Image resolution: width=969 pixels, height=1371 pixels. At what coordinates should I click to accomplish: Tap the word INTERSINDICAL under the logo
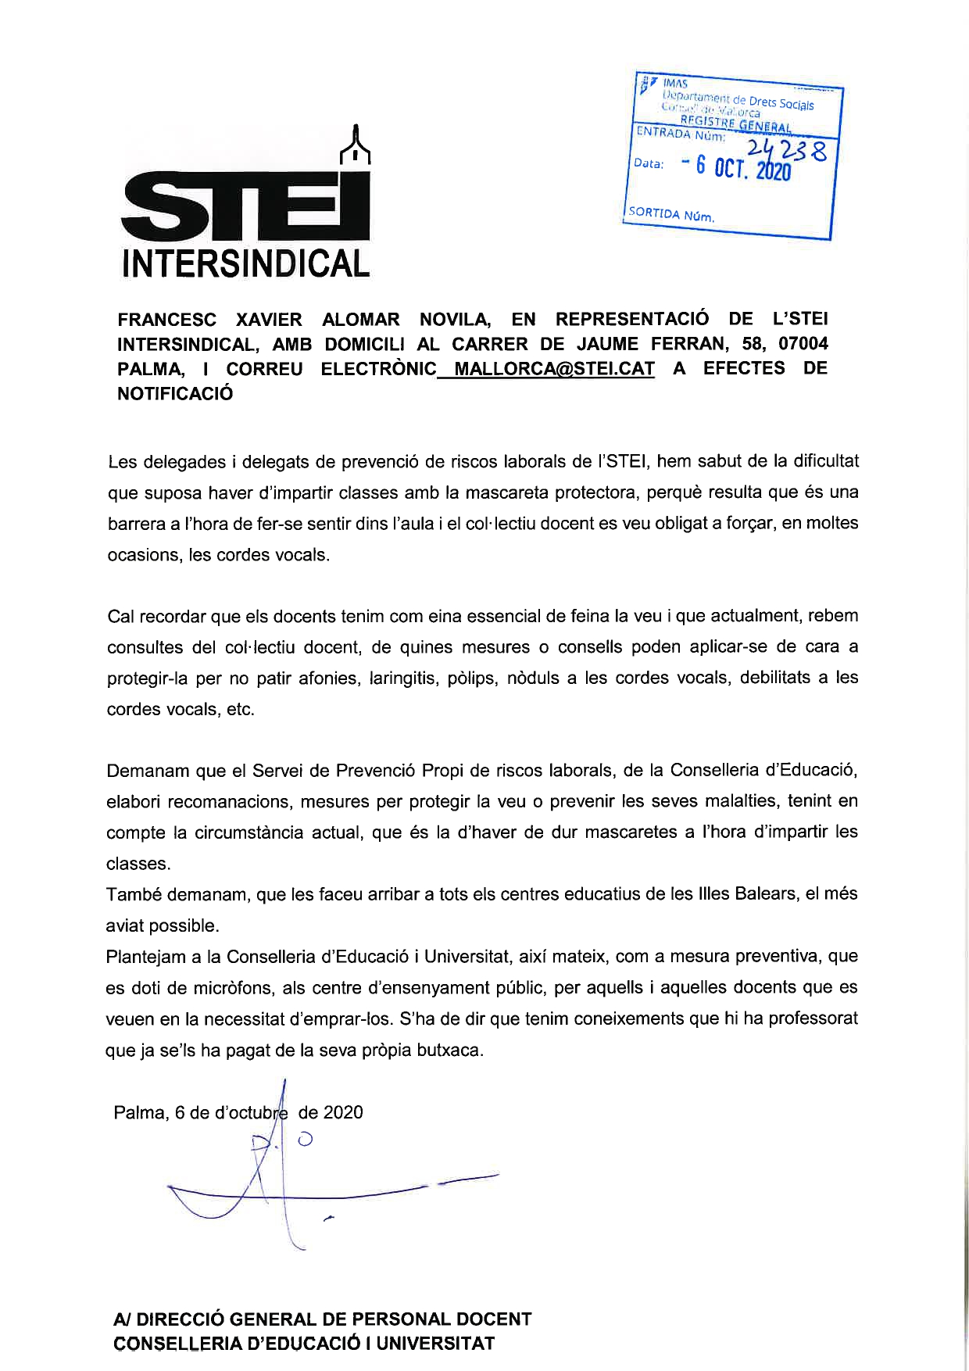(245, 263)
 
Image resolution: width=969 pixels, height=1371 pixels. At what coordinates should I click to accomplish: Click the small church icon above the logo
(356, 145)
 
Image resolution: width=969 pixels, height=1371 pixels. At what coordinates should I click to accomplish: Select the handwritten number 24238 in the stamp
(785, 149)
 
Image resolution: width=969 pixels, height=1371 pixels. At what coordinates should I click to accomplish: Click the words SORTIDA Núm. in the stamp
(671, 213)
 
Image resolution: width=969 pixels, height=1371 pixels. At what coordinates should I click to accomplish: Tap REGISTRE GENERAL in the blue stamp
(735, 123)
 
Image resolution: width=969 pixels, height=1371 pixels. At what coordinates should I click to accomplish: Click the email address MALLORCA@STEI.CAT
(554, 369)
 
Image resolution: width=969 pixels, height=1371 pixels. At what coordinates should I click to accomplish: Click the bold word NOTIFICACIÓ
(175, 394)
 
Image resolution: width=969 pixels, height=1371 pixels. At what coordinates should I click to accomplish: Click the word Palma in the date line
(138, 1113)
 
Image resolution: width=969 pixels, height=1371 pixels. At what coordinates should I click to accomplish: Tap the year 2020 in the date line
(342, 1113)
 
